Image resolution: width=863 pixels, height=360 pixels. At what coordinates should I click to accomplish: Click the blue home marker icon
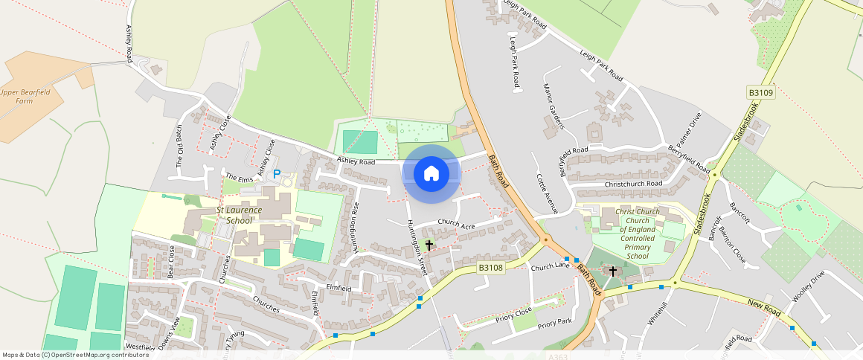pyautogui.click(x=431, y=174)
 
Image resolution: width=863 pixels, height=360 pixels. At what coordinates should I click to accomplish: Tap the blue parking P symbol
pyautogui.click(x=277, y=174)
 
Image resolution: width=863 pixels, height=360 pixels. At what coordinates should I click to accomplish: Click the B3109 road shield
pyautogui.click(x=761, y=93)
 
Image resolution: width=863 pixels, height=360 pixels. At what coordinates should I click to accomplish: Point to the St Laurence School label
pyautogui.click(x=239, y=216)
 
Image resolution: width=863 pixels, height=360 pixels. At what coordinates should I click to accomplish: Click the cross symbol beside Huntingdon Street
pyautogui.click(x=429, y=244)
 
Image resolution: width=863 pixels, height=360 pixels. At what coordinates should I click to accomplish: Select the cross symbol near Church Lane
pyautogui.click(x=613, y=271)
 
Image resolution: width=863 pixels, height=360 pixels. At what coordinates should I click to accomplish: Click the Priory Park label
pyautogui.click(x=554, y=322)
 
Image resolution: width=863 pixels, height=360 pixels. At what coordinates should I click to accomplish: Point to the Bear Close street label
pyautogui.click(x=170, y=261)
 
